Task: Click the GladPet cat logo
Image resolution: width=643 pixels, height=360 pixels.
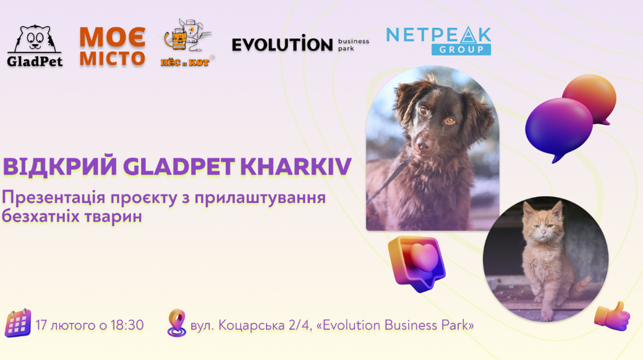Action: [35, 46]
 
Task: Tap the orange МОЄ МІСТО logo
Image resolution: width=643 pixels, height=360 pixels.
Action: [113, 47]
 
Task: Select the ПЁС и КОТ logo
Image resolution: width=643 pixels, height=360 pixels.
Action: [187, 43]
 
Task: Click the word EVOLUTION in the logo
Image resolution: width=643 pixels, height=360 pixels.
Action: [282, 44]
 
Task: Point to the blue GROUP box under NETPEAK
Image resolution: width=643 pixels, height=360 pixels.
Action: [461, 49]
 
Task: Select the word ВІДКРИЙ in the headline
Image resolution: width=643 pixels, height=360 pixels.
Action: [60, 166]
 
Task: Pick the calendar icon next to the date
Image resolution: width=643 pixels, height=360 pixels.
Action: [18, 324]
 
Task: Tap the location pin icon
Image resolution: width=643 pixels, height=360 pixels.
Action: [177, 323]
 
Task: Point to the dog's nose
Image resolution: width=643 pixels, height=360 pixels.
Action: [422, 144]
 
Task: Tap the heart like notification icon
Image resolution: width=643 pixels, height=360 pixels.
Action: [417, 264]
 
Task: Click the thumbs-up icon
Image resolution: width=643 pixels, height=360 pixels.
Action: [612, 317]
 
